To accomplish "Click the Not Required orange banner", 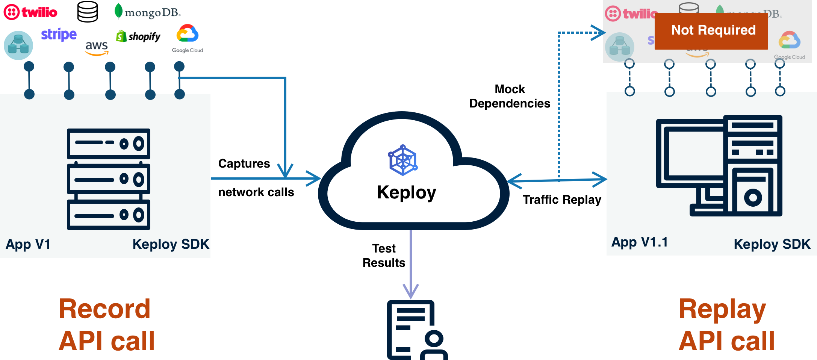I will pyautogui.click(x=711, y=31).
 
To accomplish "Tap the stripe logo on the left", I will pyautogui.click(x=59, y=35).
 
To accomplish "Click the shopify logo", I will pyautogui.click(x=138, y=36).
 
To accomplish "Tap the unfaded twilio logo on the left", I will pyautogui.click(x=30, y=12).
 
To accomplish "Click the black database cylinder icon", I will pyautogui.click(x=88, y=11).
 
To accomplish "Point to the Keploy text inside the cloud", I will pyautogui.click(x=406, y=193).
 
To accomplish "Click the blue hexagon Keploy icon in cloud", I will pyautogui.click(x=402, y=160).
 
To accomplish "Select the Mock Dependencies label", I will pyautogui.click(x=510, y=96).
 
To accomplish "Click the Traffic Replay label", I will pyautogui.click(x=562, y=200).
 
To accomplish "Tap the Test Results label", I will pyautogui.click(x=384, y=256).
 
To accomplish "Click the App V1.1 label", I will pyautogui.click(x=640, y=242).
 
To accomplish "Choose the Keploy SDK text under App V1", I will pyautogui.click(x=171, y=244).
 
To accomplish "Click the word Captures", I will pyautogui.click(x=244, y=163).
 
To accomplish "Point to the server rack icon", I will pyautogui.click(x=109, y=179).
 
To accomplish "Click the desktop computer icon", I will pyautogui.click(x=719, y=166).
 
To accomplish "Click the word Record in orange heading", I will pyautogui.click(x=104, y=309).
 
